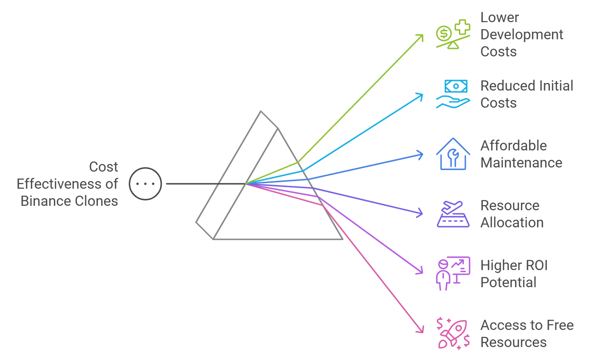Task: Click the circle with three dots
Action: coord(145,184)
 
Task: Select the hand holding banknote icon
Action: coord(453,94)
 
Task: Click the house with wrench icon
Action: coord(453,154)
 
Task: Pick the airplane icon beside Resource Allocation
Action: coord(453,214)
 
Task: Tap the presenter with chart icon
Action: coord(453,273)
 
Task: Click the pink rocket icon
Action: coord(453,334)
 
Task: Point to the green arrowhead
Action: coord(420,37)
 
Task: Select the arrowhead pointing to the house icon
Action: coord(420,155)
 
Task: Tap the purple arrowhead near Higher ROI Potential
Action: coord(420,271)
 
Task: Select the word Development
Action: coord(521,35)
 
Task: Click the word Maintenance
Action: coord(521,163)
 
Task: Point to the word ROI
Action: coord(535,265)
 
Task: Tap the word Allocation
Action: coord(512,222)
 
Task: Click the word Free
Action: coord(560,325)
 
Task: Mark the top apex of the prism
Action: coord(261,111)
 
